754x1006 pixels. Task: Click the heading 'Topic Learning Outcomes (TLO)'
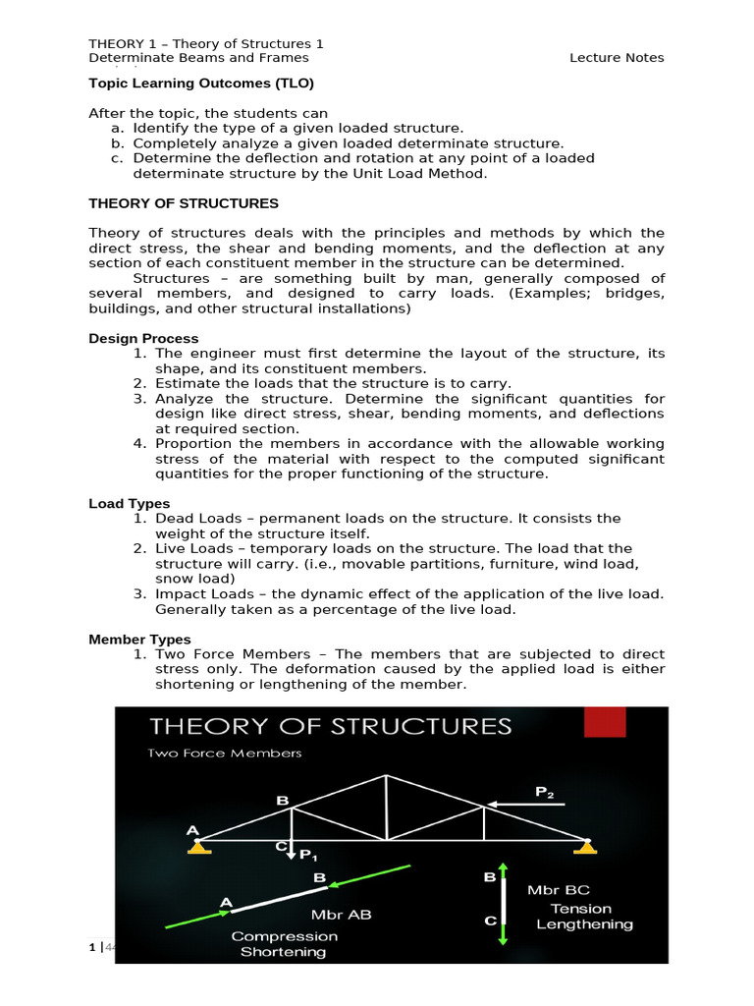[201, 84]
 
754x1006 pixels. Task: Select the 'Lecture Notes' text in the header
[617, 58]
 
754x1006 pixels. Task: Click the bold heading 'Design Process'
[143, 338]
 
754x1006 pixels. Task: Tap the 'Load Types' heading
[130, 504]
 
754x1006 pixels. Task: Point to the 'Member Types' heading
[139, 640]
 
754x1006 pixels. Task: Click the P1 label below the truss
[308, 856]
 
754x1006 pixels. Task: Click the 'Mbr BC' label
[558, 889]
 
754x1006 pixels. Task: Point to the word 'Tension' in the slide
[580, 909]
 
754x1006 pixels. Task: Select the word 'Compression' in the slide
[284, 936]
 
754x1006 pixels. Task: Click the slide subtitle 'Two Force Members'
[225, 754]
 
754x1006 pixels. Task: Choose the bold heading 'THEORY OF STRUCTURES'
[184, 203]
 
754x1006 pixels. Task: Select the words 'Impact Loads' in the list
[200, 594]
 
